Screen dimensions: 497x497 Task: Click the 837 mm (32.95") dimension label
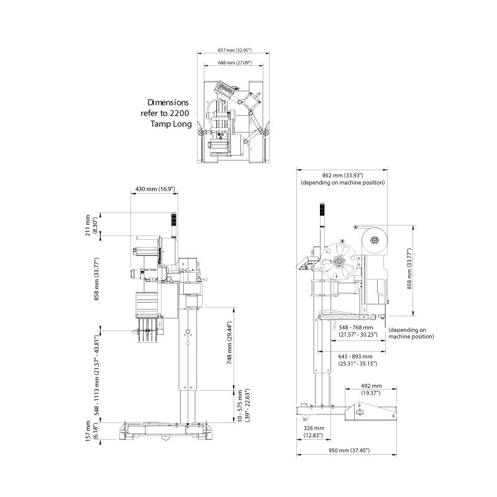pos(235,50)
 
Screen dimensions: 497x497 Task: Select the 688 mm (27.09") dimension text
pos(235,63)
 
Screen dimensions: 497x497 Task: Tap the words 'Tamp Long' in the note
pos(171,124)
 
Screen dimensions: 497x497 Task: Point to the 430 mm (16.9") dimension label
pos(155,189)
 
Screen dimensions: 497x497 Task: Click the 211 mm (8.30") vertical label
pos(91,225)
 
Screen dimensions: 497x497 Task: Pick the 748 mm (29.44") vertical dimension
pos(230,342)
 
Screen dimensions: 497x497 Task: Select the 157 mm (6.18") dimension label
pos(91,431)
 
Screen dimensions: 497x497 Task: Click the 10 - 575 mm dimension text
pos(244,406)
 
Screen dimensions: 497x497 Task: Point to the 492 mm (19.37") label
pos(371,390)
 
